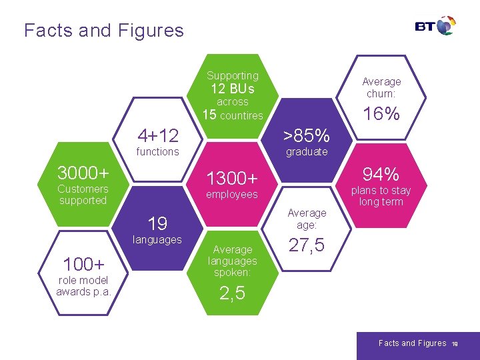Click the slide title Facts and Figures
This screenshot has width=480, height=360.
(x=103, y=30)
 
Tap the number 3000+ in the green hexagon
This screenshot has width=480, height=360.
(x=83, y=173)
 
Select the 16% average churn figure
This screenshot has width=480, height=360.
(x=381, y=114)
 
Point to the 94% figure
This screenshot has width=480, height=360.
(x=381, y=175)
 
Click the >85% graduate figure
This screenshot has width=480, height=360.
(x=307, y=136)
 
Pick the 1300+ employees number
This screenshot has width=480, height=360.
(x=232, y=179)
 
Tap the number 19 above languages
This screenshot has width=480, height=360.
(x=157, y=223)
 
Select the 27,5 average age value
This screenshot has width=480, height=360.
(x=307, y=245)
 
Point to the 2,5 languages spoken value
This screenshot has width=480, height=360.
(x=232, y=293)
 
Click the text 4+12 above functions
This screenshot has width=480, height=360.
(x=157, y=136)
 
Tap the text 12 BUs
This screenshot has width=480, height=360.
(x=232, y=89)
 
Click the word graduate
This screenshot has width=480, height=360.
(x=307, y=152)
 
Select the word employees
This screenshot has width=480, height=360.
(x=232, y=195)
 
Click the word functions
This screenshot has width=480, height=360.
(x=157, y=152)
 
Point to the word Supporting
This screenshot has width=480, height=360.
(x=232, y=76)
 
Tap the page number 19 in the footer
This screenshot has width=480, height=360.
(x=454, y=344)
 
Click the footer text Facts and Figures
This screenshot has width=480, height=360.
(x=412, y=343)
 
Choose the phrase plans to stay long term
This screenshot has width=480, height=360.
(x=381, y=196)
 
